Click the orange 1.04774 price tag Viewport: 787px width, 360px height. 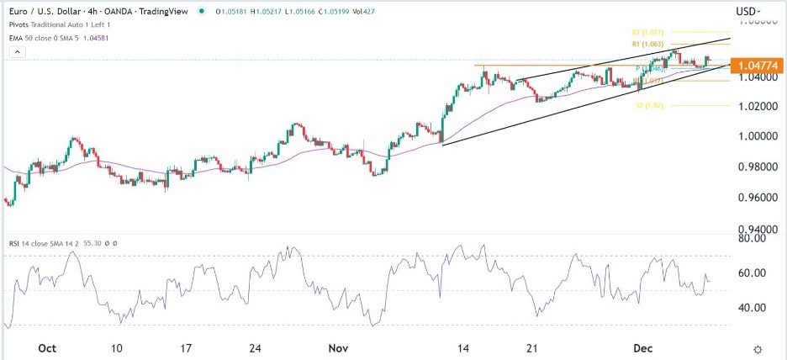pyautogui.click(x=757, y=65)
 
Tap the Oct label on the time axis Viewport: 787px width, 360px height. pyautogui.click(x=47, y=347)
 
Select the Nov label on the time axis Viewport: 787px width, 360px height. pyautogui.click(x=338, y=347)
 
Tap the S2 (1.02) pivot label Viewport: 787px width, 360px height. pyautogui.click(x=649, y=106)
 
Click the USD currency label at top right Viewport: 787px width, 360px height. pyautogui.click(x=745, y=12)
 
